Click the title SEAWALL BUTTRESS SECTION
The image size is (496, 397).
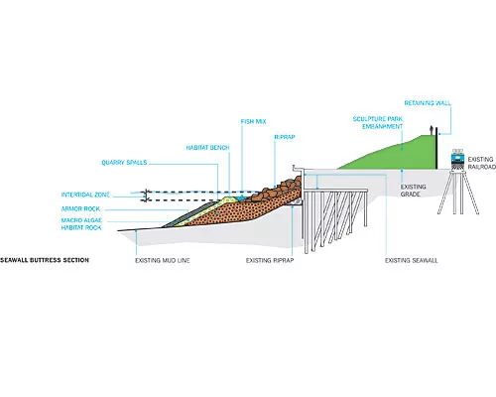pos(45,260)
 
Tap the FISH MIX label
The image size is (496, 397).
pos(253,121)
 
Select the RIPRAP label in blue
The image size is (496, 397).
pos(285,137)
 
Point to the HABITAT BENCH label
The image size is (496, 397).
pos(207,148)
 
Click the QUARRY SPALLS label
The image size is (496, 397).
pos(124,163)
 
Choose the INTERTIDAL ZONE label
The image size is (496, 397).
pos(85,195)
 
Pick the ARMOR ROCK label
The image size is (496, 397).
pos(80,208)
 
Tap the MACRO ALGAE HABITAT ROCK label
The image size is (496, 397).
pos(81,224)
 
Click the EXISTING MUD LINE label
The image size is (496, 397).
pos(163,261)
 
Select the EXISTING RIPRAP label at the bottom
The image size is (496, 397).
pos(270,261)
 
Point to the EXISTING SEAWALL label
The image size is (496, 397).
pos(412,261)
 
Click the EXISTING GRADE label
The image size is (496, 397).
pos(413,191)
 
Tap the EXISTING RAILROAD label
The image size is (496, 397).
pos(482,163)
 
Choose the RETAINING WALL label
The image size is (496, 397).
pos(428,103)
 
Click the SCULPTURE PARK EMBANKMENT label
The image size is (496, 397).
pos(378,122)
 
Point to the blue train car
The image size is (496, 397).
pos(457,157)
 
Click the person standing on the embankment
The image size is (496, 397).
pos(431,130)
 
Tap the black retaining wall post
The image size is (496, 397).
pos(436,149)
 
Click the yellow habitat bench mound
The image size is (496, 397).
pos(229,200)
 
